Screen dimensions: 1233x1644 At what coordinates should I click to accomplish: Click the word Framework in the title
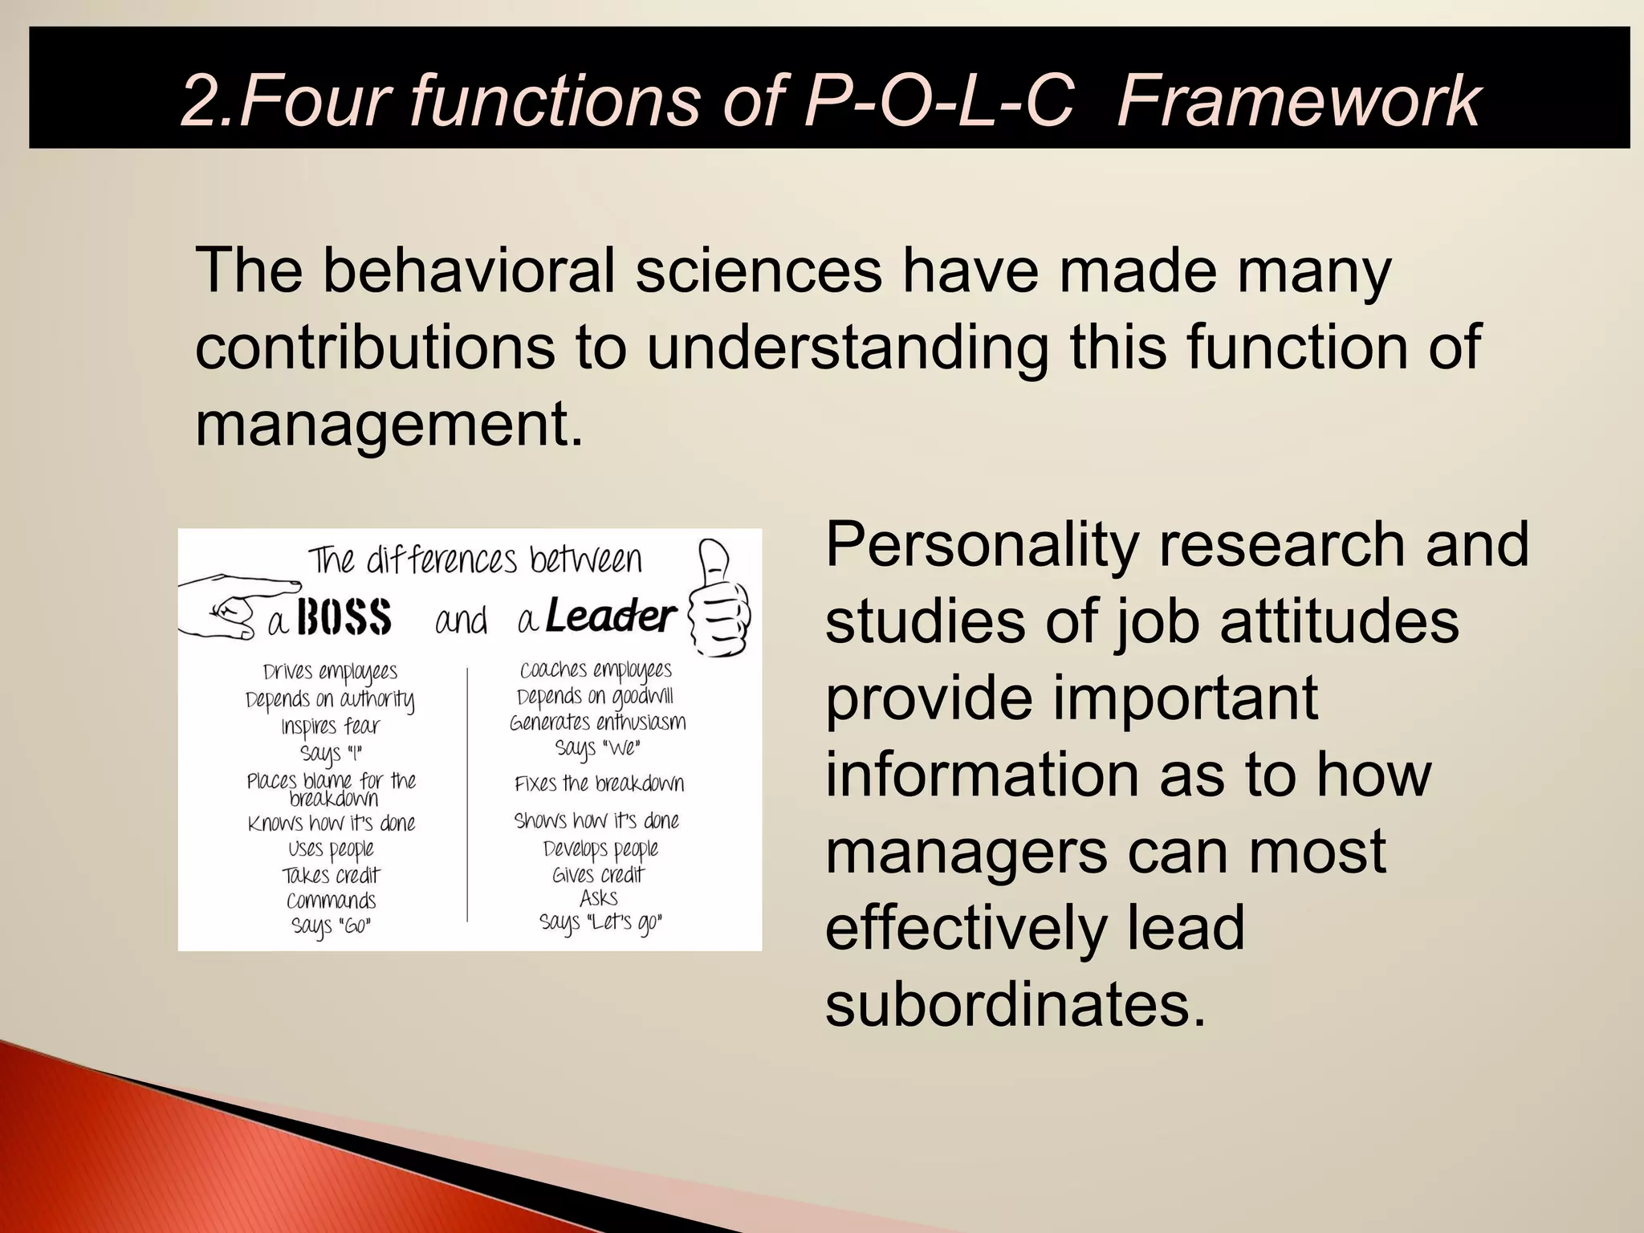pos(1298,101)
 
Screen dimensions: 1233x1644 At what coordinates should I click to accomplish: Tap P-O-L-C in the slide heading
pos(939,101)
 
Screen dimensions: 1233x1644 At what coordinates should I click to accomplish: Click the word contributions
pos(375,347)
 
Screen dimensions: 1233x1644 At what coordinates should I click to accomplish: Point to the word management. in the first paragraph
pos(389,424)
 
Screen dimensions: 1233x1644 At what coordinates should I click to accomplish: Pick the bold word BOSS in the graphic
pos(344,618)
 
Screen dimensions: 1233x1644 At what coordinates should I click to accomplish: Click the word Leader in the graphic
pos(610,616)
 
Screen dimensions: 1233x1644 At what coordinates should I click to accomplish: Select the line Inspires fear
pos(330,727)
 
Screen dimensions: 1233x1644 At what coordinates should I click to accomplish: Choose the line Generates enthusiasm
pos(598,722)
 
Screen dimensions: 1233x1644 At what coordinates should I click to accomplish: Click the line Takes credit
pos(331,875)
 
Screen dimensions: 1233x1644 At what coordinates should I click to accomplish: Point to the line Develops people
pos(600,849)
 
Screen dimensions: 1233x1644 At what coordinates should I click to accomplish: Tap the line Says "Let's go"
pos(600,923)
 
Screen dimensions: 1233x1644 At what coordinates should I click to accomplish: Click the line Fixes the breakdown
pos(599,783)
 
